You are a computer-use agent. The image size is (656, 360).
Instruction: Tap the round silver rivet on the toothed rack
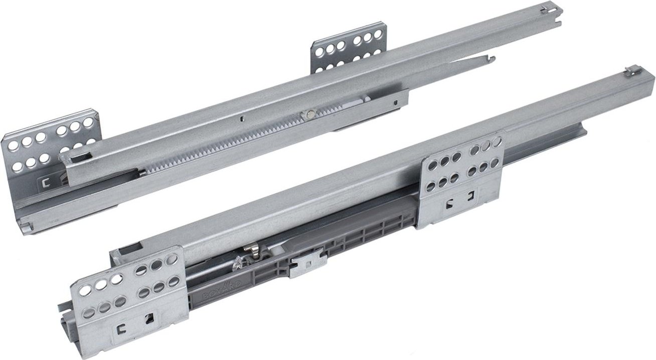(x=305, y=115)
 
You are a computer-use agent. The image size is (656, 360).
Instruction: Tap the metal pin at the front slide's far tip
(x=626, y=73)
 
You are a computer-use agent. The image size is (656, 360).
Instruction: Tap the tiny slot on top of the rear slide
(x=241, y=119)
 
